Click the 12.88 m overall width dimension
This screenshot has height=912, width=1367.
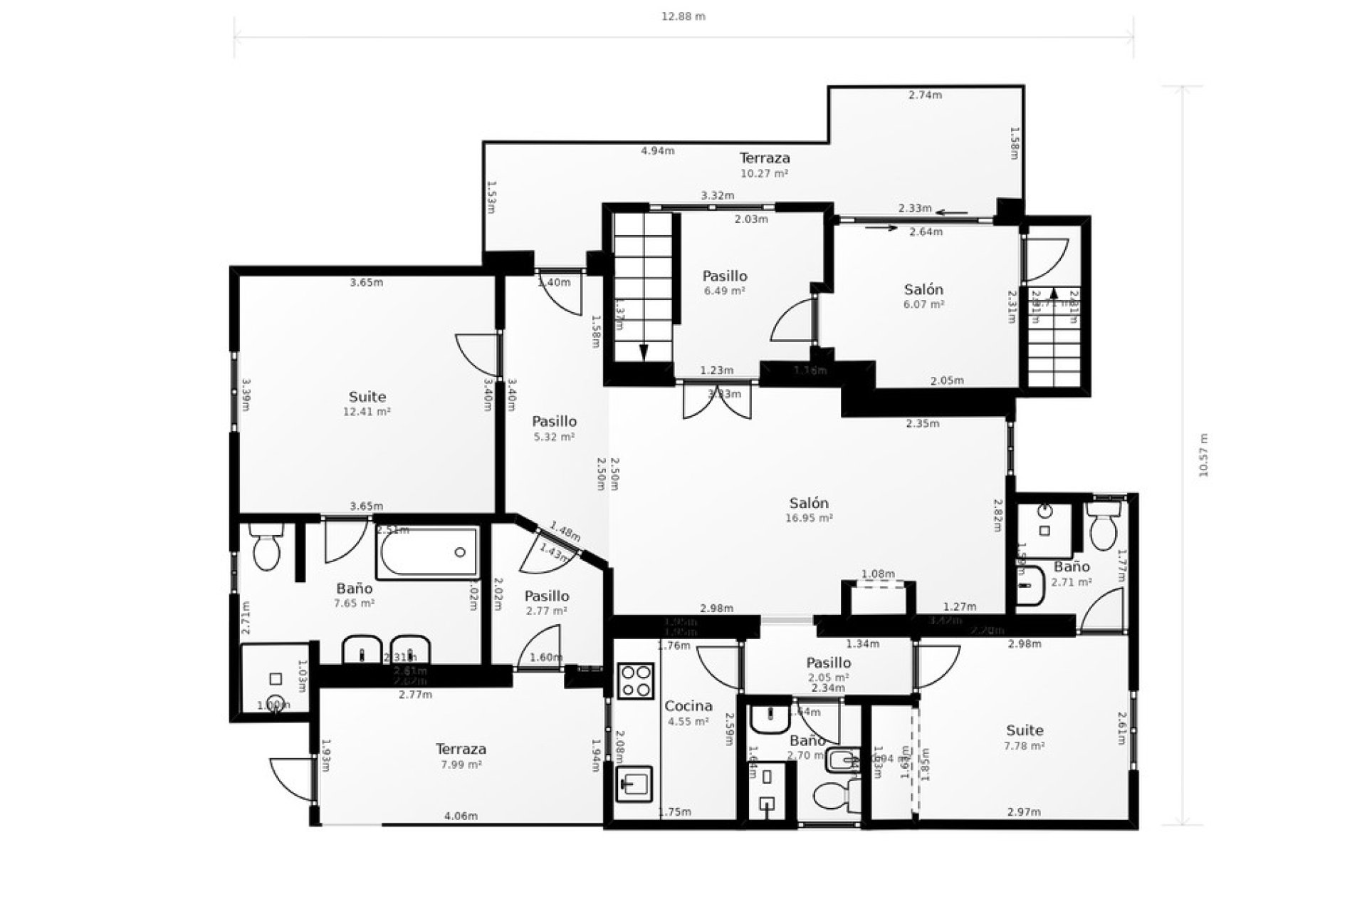[683, 16]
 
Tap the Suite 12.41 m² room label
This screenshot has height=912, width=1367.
[367, 403]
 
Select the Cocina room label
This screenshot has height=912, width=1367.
[688, 706]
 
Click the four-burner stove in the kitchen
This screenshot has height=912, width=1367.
[636, 680]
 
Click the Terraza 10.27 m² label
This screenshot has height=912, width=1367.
[765, 164]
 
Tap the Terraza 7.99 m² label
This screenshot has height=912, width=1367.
[461, 755]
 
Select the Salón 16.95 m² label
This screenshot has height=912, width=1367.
[809, 509]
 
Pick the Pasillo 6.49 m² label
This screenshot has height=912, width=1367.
[725, 282]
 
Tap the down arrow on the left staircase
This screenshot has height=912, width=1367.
[644, 352]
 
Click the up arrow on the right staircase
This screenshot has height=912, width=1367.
[1054, 293]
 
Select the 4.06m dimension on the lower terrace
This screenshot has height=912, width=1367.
[461, 816]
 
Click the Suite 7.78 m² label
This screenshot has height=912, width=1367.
[1025, 737]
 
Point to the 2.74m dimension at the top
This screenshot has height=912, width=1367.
[925, 95]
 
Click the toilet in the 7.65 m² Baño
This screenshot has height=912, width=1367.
[267, 549]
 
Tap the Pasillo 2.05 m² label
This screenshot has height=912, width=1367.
[829, 669]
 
